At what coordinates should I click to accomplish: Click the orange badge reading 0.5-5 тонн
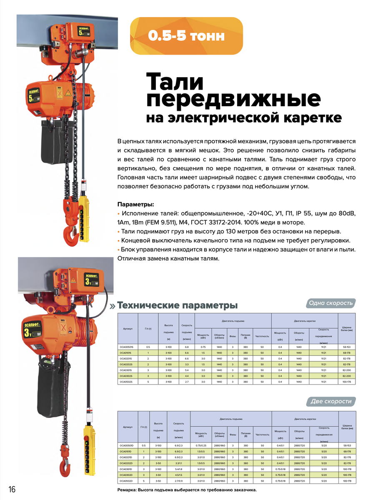(186, 36)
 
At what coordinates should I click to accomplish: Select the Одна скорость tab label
(331, 303)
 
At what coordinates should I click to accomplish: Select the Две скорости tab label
(331, 402)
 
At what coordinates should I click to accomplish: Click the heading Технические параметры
(178, 305)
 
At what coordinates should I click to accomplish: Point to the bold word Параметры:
(135, 205)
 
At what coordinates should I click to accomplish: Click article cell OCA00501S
(127, 347)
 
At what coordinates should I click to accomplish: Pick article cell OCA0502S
(127, 381)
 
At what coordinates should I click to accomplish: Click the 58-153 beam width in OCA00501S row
(346, 347)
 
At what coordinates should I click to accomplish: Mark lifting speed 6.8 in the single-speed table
(186, 347)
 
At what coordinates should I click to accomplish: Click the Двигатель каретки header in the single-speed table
(304, 322)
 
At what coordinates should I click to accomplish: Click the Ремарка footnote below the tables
(187, 490)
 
